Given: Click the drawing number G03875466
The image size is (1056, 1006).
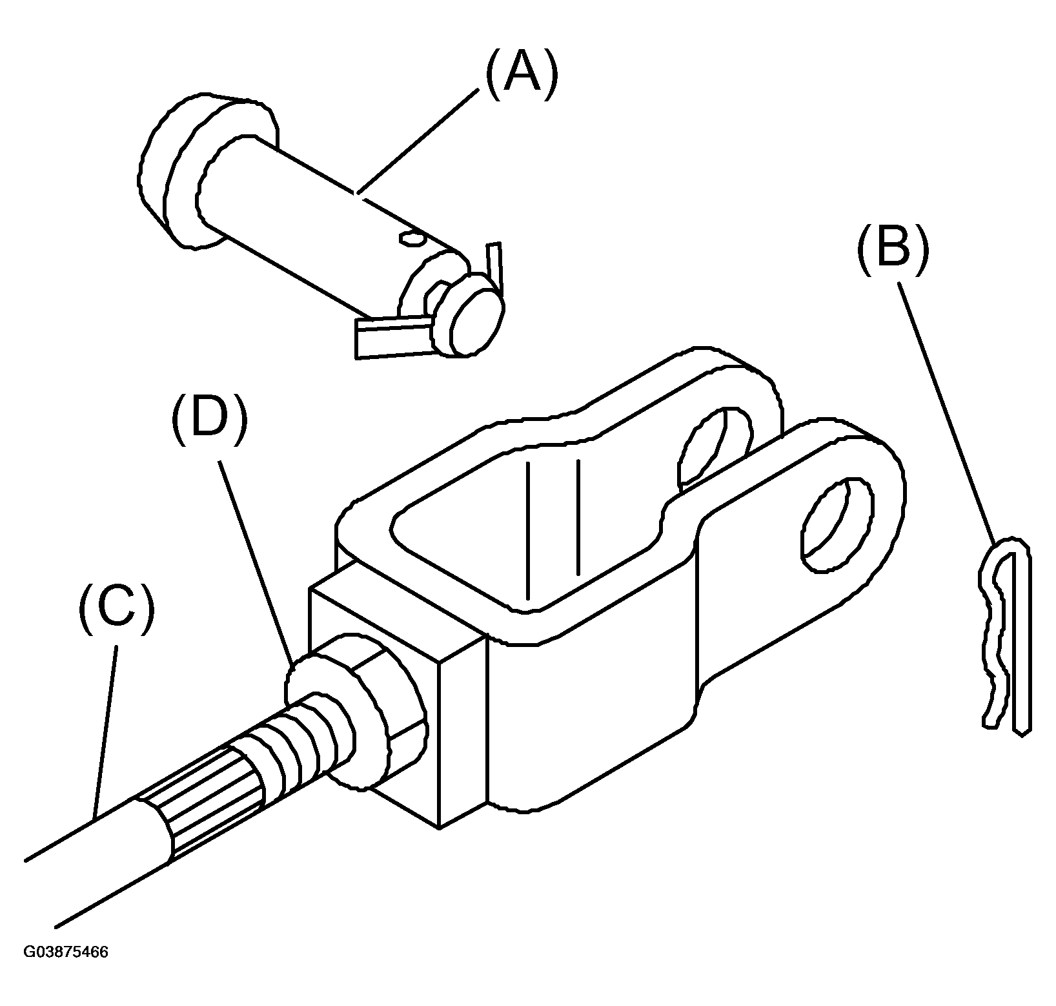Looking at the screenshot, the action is (66, 952).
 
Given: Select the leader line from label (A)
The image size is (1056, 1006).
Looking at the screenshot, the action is (418, 141).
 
